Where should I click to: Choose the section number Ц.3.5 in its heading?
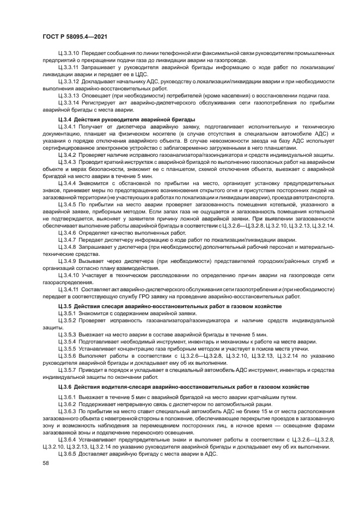(x=65, y=308)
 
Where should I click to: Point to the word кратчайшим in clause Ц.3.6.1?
(x=252, y=396)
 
